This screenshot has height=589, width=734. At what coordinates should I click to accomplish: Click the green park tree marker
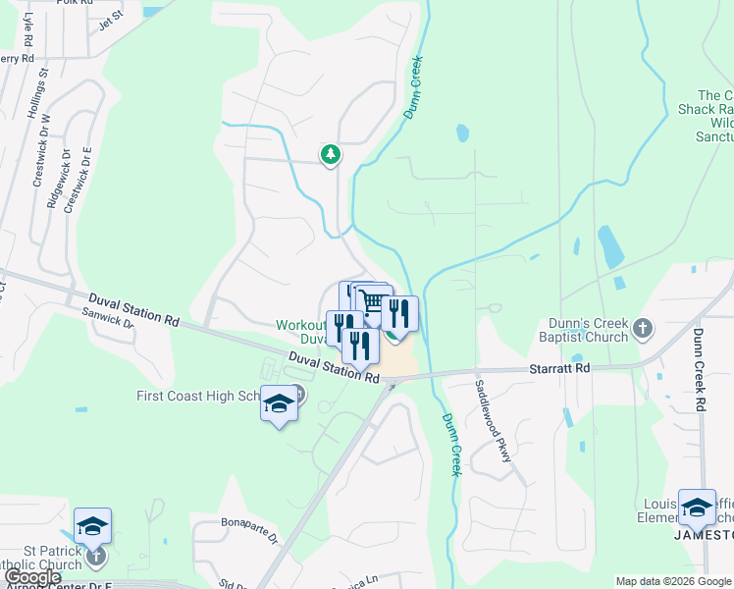coord(331,154)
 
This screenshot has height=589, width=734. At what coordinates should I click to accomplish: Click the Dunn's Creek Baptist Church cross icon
coord(643,327)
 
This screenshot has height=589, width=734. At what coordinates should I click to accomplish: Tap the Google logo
coord(32,577)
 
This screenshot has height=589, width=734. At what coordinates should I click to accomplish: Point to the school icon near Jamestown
coord(697,508)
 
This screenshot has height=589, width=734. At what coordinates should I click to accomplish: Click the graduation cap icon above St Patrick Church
coord(92,526)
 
